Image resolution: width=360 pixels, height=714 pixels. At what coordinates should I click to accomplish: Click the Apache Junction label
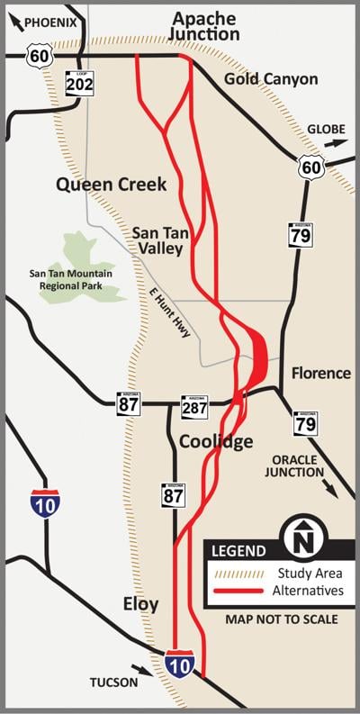pos(206,26)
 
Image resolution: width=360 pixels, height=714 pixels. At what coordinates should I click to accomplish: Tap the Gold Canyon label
pos(271,79)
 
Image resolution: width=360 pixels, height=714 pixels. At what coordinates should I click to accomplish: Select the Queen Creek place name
pos(111,184)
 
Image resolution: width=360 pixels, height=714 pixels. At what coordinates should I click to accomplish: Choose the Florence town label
pos(320,373)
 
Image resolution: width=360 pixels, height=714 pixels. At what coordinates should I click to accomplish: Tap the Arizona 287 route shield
pos(193,407)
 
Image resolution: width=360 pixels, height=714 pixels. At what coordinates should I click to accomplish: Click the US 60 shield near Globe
pos(310,167)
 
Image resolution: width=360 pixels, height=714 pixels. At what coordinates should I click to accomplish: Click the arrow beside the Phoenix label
pos(13,23)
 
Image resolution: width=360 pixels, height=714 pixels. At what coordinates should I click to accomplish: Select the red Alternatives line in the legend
pos(237,591)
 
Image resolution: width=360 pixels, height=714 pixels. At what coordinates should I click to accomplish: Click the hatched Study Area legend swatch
pos(237,573)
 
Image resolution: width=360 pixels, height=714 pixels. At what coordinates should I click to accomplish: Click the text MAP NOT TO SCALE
pos(282,619)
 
